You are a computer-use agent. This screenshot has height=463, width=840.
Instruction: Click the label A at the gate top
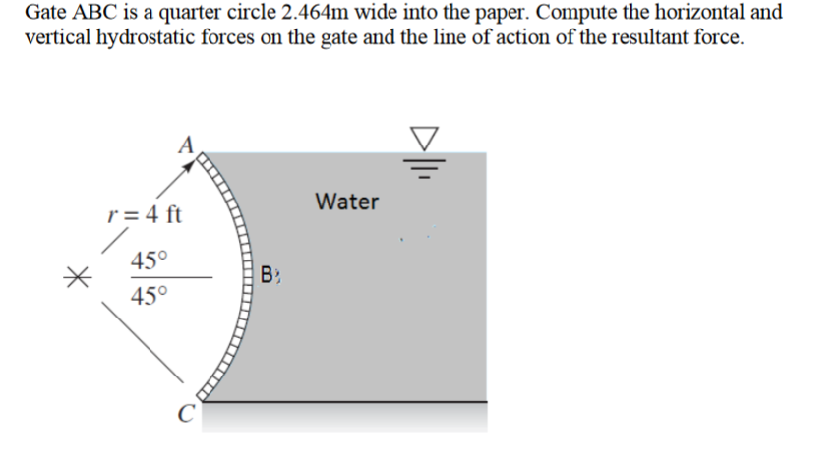(184, 143)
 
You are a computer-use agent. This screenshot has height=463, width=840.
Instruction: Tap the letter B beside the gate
(270, 274)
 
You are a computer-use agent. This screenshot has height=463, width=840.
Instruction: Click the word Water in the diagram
(347, 203)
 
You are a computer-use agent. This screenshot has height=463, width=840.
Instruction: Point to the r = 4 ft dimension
(146, 213)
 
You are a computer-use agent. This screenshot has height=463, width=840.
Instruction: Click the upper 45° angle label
(150, 260)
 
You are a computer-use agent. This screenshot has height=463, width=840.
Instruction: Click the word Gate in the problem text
(46, 14)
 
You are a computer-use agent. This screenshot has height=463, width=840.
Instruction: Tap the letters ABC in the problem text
(98, 14)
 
